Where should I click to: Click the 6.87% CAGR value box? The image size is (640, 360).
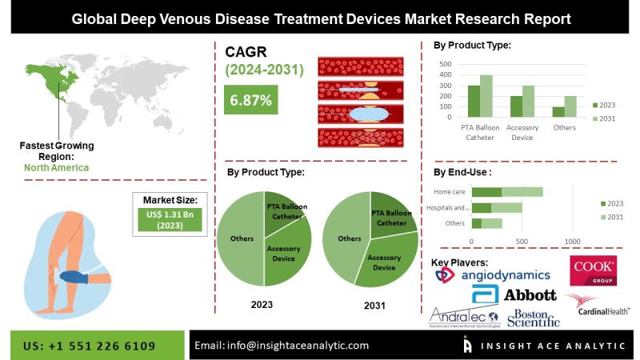tap(251, 101)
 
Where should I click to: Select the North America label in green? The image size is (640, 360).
tap(56, 168)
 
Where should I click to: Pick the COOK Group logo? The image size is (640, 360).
tap(593, 272)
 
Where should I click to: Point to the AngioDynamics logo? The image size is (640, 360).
tap(490, 274)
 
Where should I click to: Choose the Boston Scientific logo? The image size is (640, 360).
tap(533, 318)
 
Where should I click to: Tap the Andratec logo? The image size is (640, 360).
tap(465, 318)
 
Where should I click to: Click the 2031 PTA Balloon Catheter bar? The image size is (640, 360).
tap(486, 96)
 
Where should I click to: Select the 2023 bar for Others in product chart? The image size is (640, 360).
tap(558, 112)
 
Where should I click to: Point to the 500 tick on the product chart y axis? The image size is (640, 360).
tap(446, 64)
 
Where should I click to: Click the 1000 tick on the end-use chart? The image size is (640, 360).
tap(572, 241)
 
